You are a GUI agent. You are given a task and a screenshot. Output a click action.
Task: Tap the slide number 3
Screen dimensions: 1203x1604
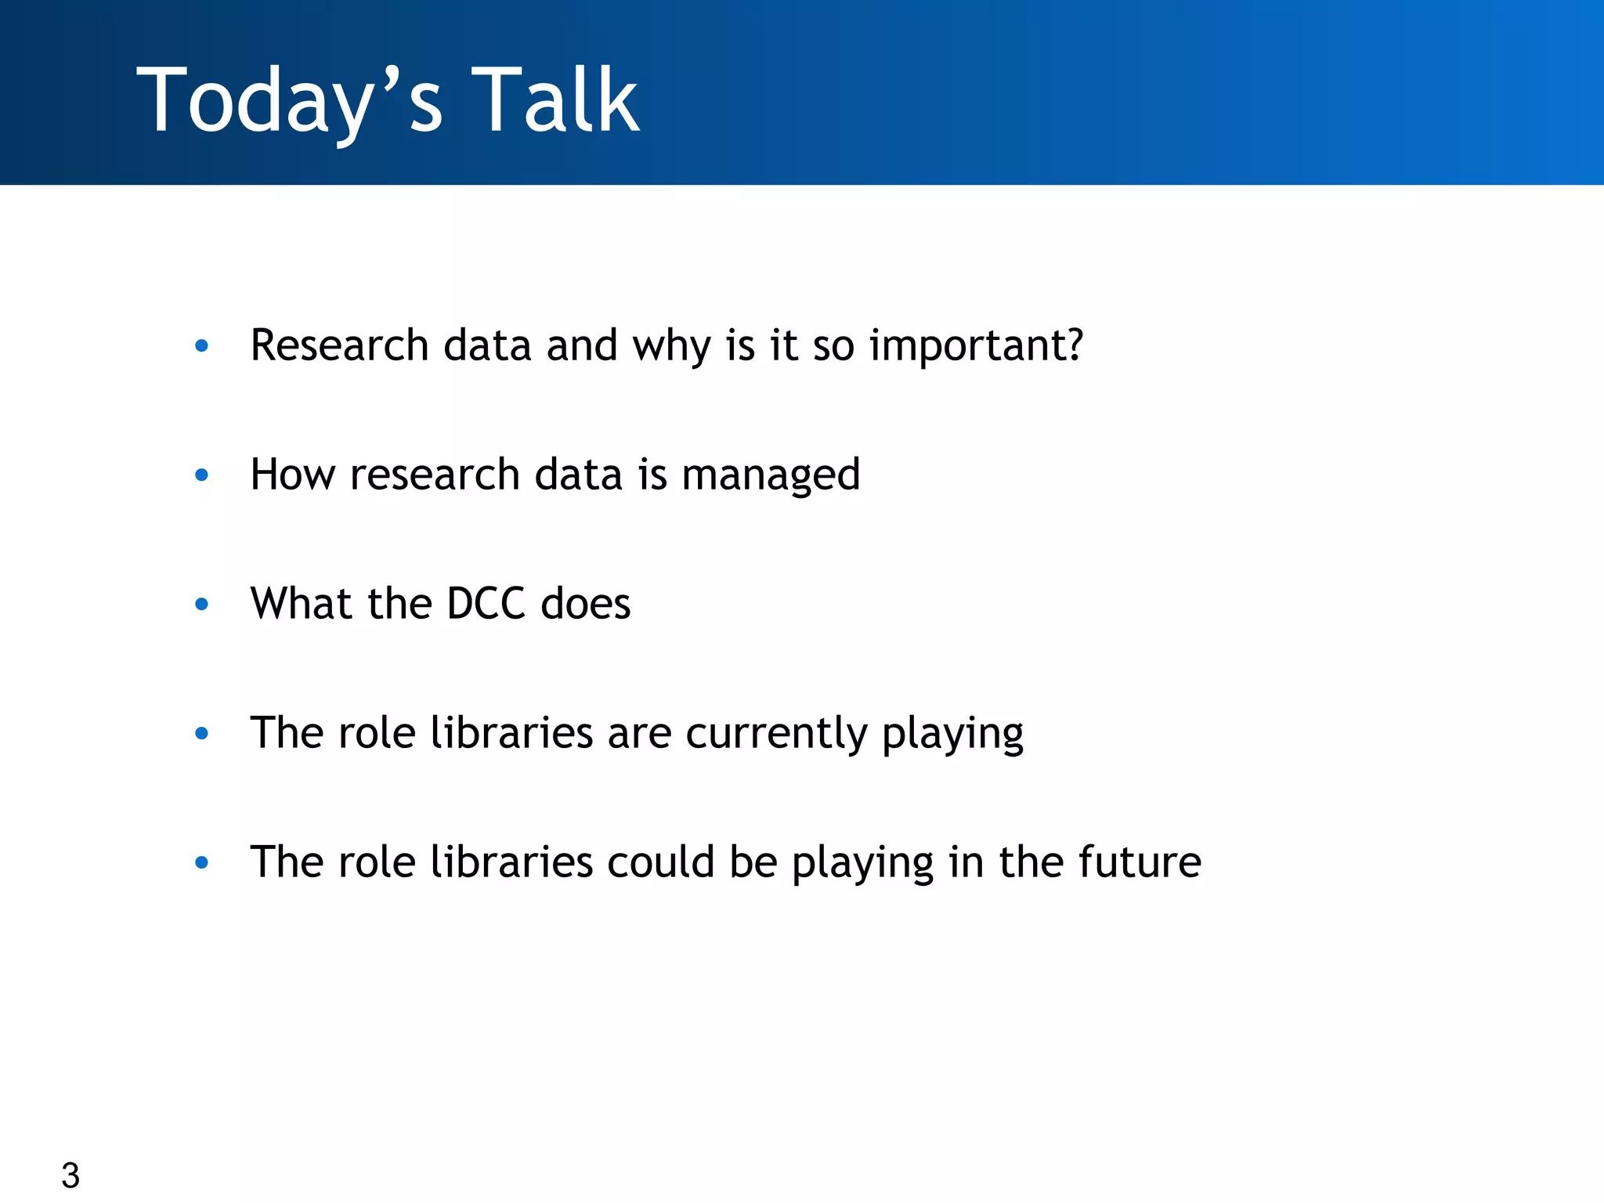click(70, 1176)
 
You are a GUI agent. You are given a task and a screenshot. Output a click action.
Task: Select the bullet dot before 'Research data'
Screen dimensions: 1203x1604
click(201, 345)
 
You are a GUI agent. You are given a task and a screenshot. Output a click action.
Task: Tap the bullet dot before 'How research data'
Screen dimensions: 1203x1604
click(201, 475)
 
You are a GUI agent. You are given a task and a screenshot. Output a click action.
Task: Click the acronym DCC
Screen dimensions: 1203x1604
click(486, 604)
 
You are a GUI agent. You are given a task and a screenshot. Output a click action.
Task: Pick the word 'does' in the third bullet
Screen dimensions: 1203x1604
click(586, 604)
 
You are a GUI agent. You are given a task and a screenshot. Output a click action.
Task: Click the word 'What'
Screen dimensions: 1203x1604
click(301, 604)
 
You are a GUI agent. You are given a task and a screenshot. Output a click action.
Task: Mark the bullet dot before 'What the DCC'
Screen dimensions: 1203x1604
click(201, 604)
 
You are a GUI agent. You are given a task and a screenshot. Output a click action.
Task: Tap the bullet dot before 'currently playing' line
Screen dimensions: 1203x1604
click(201, 733)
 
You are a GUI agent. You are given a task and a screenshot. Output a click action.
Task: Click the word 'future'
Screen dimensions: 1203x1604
click(1140, 862)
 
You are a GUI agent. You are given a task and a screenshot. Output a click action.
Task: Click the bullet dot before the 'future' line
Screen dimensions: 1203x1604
click(201, 862)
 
